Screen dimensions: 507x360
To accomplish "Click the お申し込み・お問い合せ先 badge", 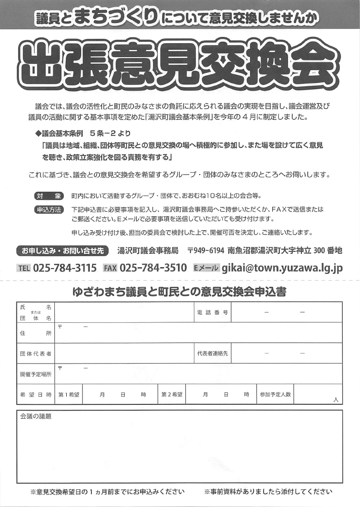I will [x=63, y=250].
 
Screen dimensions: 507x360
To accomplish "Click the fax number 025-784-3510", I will [x=153, y=268].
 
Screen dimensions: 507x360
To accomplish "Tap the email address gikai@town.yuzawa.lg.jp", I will [x=282, y=268].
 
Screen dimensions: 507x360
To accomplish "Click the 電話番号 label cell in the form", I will [x=212, y=312].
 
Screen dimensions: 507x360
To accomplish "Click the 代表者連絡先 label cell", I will [x=212, y=354].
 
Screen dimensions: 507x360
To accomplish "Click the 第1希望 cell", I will [x=69, y=394].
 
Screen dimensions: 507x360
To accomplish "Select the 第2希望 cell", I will [x=171, y=394].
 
